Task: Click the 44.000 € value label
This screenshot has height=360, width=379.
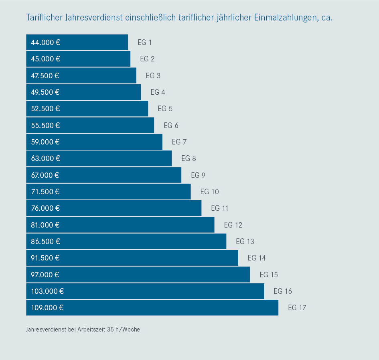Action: point(45,42)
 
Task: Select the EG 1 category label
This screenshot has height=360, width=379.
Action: point(145,42)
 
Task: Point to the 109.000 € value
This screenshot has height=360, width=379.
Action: point(47,308)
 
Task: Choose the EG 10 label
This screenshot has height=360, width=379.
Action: point(210,192)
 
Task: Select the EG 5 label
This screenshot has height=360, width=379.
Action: point(165,109)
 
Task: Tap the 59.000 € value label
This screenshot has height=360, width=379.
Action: point(45,142)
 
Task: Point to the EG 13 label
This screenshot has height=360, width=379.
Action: point(245,242)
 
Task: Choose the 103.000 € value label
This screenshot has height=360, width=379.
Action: point(47,291)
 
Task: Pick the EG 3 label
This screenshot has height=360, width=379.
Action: point(153,75)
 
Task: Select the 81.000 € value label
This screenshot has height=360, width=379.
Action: point(45,225)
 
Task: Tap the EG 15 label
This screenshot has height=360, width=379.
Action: point(269,275)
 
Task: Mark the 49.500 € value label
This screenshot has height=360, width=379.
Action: point(45,92)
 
